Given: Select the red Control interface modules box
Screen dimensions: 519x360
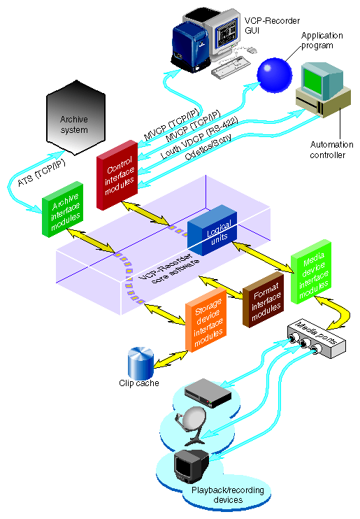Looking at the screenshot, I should [115, 173].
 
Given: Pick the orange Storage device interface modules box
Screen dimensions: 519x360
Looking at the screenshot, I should [207, 325].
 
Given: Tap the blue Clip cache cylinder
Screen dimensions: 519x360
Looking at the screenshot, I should [141, 362].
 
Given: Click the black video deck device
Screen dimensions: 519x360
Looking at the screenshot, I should [208, 393].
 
